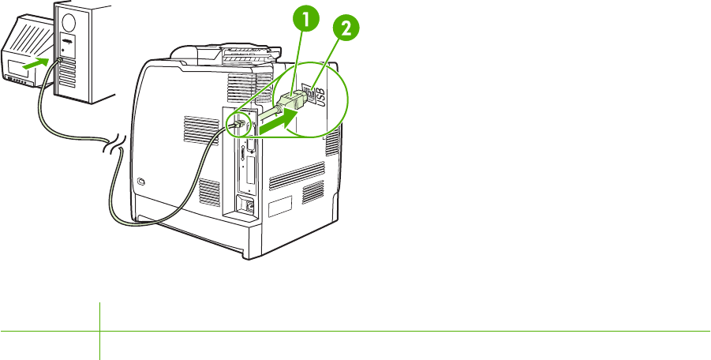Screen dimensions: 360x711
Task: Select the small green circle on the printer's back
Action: tap(237, 123)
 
